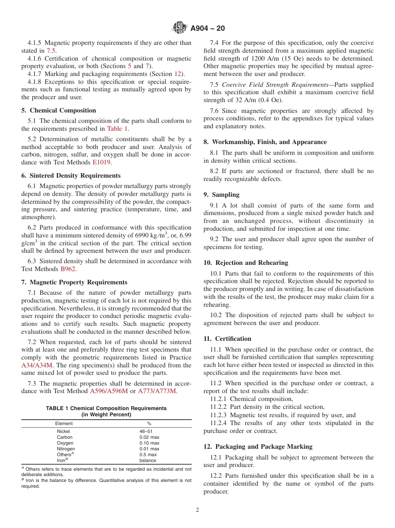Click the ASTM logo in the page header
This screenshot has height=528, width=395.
(x=180, y=28)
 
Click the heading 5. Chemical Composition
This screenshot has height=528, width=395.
(x=59, y=110)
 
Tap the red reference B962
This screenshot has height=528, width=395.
(x=68, y=269)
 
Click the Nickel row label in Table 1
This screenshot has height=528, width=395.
(x=63, y=431)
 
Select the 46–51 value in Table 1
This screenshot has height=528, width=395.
(x=146, y=431)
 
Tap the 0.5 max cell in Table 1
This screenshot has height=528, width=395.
(x=148, y=455)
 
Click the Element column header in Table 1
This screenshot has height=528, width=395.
(x=64, y=423)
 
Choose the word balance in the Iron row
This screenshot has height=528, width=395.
(x=148, y=460)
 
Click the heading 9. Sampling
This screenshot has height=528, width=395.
(x=221, y=195)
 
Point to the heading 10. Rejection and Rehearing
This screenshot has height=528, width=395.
(x=246, y=263)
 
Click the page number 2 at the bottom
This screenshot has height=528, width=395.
(x=197, y=510)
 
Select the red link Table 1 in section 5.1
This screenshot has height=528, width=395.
(x=117, y=129)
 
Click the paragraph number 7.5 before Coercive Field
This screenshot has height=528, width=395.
(x=215, y=85)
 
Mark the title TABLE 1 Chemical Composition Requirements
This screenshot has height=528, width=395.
(x=106, y=408)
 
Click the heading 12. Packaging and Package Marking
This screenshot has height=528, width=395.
(x=258, y=447)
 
